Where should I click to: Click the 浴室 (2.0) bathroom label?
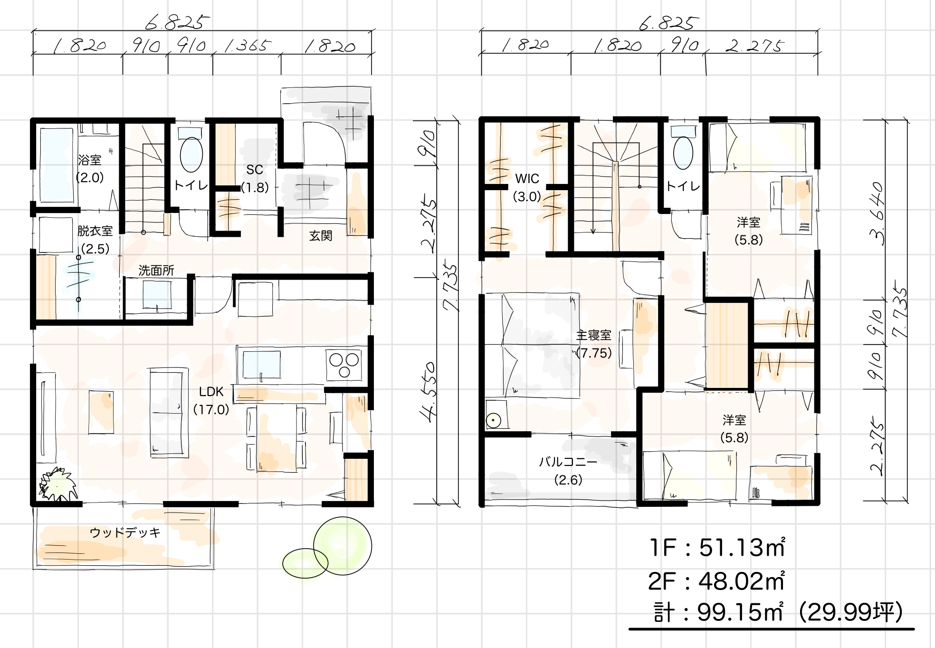point(90,168)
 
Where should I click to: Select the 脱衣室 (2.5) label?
point(95,240)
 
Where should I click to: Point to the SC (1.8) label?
point(255,178)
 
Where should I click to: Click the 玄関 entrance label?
point(321,236)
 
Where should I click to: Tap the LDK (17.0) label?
point(211,400)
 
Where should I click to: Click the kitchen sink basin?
point(261,364)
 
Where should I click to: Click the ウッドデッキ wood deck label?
point(125,532)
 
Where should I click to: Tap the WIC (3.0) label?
point(527,187)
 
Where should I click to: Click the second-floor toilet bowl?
point(684,153)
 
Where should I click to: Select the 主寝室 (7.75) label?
point(594,344)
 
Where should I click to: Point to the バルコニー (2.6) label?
point(568,471)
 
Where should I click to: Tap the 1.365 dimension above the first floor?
point(248,46)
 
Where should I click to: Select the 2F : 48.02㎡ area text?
point(716,581)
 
